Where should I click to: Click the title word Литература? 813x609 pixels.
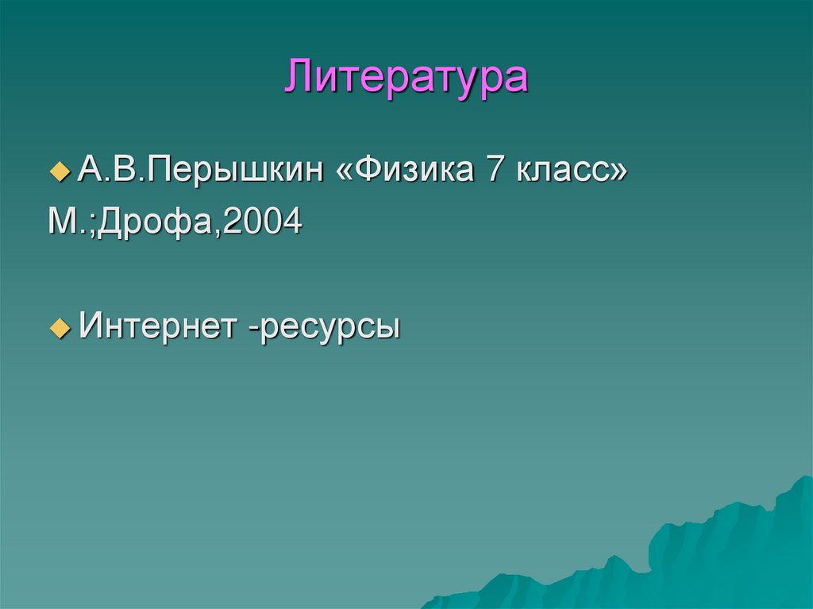406,77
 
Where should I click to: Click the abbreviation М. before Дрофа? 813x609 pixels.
62,222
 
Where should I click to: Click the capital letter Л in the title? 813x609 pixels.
301,77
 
